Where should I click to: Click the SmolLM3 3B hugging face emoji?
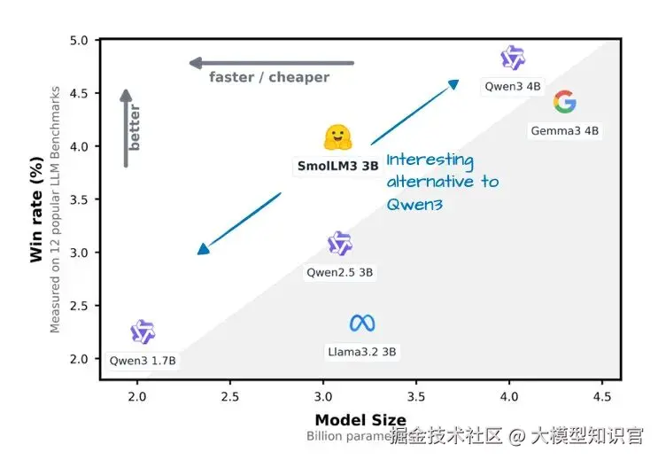(x=337, y=137)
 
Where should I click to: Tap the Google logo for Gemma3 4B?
(x=564, y=102)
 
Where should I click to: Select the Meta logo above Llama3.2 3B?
(x=362, y=324)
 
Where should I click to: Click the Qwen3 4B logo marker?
(x=513, y=58)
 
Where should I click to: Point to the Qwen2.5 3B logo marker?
(x=340, y=244)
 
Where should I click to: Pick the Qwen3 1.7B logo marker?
(x=143, y=332)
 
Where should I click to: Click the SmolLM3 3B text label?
(x=337, y=166)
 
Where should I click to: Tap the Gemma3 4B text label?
(x=565, y=130)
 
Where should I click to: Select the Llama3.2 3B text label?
(x=362, y=352)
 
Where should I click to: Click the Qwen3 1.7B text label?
(x=143, y=361)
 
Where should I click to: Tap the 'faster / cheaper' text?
(x=269, y=77)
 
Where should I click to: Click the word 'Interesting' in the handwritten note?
(x=430, y=160)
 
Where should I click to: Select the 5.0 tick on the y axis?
(x=79, y=41)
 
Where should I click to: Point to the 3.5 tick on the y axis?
(x=79, y=199)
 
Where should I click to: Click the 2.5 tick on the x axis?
(x=230, y=394)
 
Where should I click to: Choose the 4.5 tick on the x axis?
(x=602, y=394)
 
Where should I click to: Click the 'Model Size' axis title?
(x=360, y=420)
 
